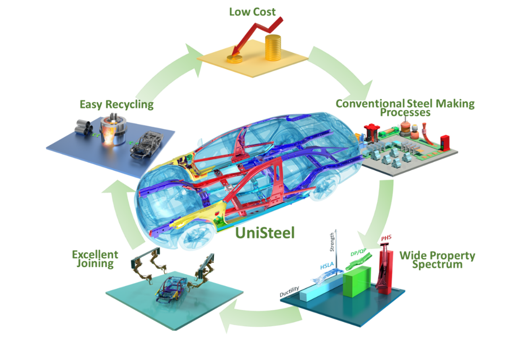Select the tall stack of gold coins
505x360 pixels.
pyautogui.click(x=273, y=47)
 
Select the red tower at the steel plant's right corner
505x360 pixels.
pyautogui.click(x=444, y=142)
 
